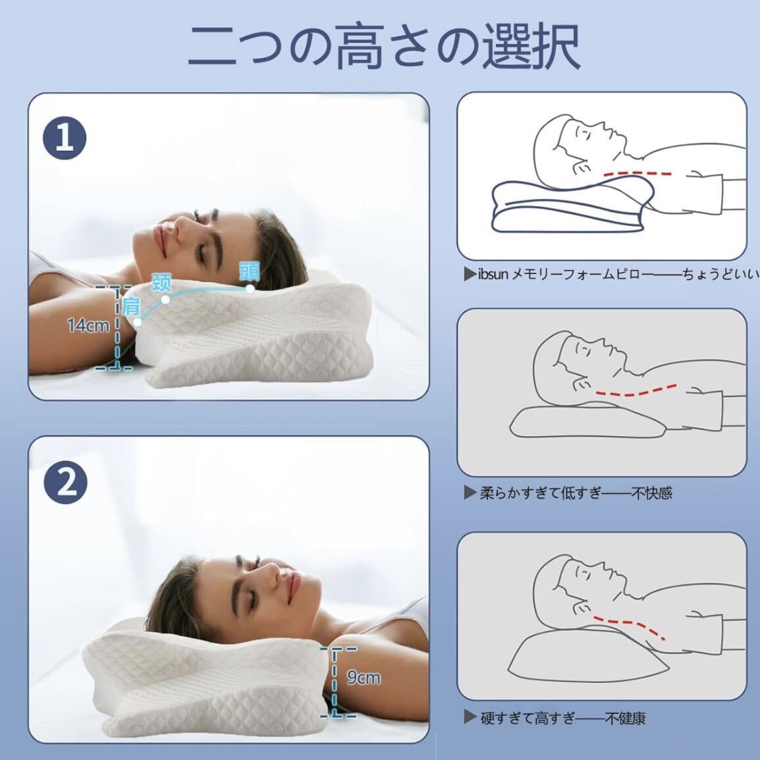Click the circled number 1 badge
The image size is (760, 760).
tap(65, 139)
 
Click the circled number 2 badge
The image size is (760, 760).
tap(65, 483)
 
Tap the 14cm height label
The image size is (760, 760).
tap(88, 325)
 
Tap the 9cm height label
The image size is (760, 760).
tap(364, 677)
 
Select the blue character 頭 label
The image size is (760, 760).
tap(249, 271)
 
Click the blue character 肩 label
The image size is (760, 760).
tap(131, 306)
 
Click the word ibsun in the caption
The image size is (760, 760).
tap(493, 274)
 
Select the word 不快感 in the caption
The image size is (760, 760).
tap(651, 493)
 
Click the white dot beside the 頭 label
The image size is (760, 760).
tap(250, 288)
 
